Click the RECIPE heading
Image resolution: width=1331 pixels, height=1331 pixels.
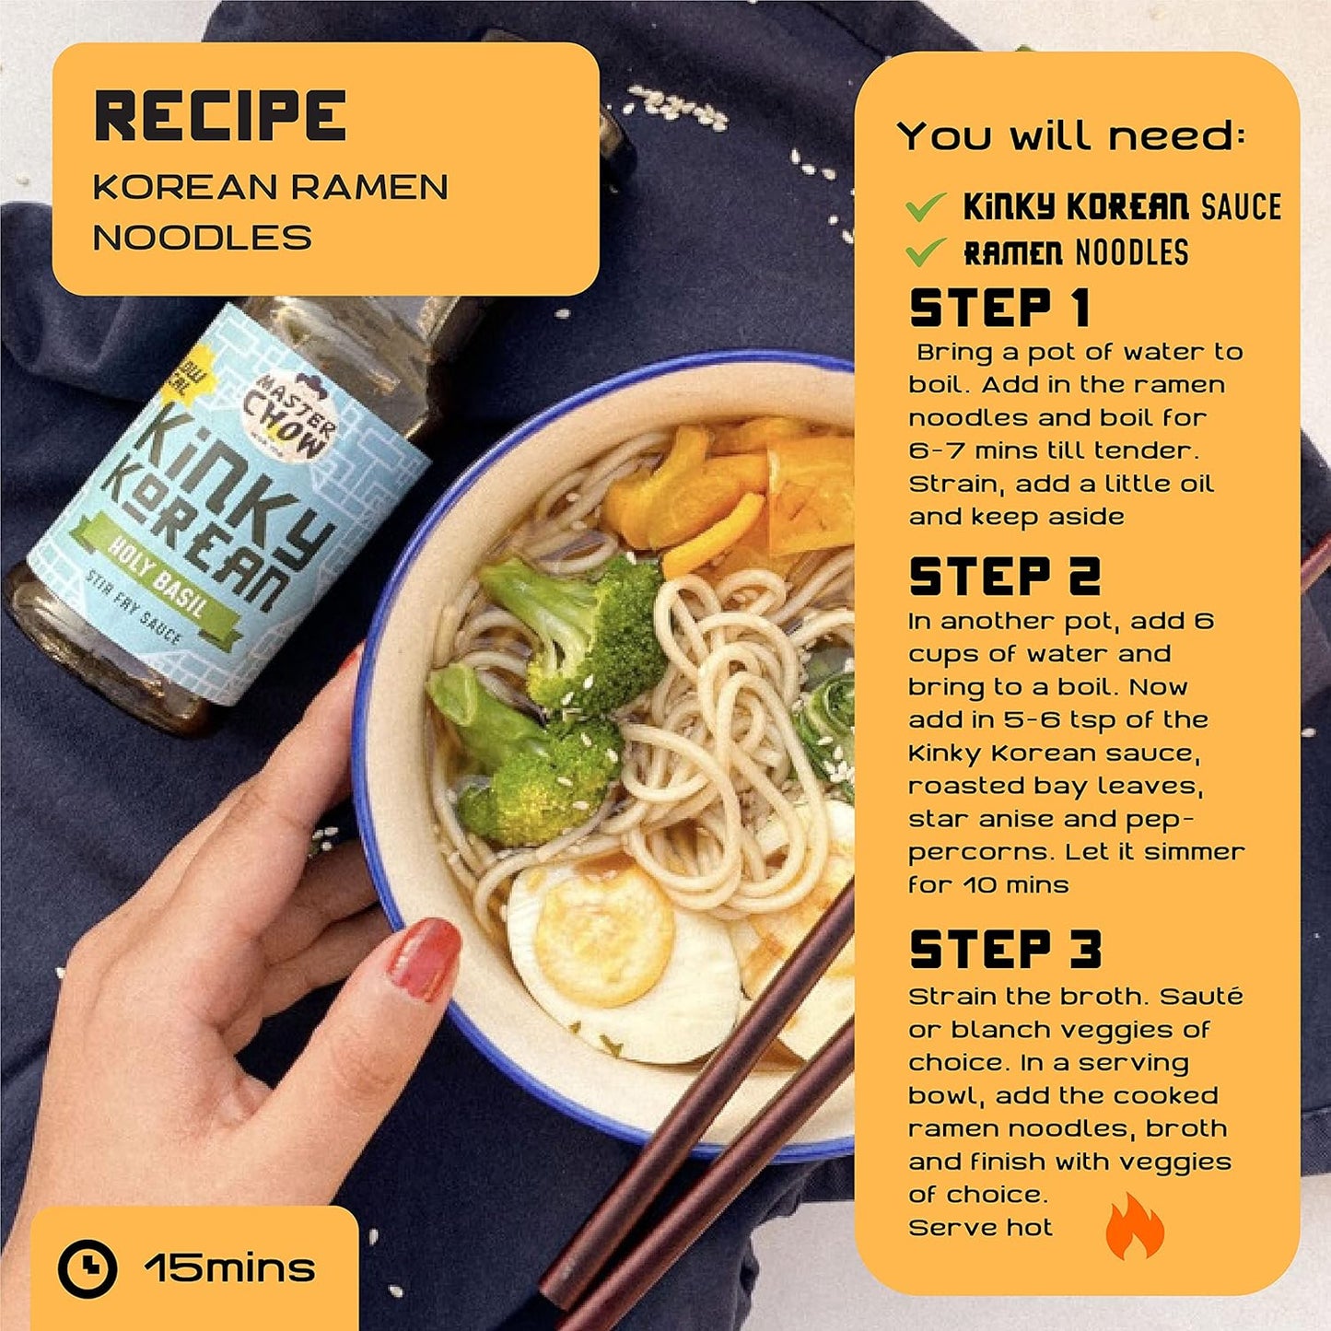point(219,115)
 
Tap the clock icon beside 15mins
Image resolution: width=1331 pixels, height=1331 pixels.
point(88,1269)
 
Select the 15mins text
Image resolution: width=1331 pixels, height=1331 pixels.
point(229,1268)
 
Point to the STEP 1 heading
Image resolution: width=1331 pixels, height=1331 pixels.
point(998,308)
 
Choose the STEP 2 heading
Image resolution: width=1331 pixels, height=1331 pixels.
point(1004,577)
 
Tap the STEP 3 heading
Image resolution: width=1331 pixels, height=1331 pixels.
point(1005,950)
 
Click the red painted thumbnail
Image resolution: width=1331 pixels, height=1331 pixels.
point(424,960)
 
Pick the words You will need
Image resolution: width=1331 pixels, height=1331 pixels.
point(1070,136)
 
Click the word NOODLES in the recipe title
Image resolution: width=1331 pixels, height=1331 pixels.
point(203,238)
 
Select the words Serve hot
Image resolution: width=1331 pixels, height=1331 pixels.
point(980,1228)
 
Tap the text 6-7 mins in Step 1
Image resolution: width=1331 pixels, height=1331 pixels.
point(967,451)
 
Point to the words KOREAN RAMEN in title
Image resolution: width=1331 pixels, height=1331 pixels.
point(270,187)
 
